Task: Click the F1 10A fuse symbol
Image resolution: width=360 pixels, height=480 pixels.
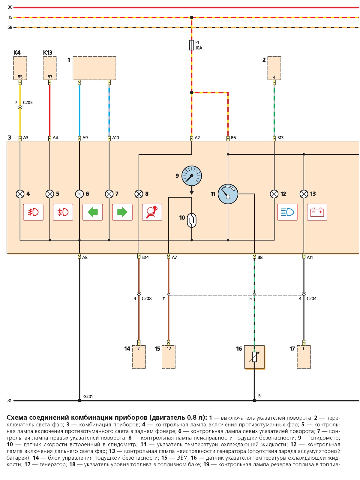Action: click(191, 45)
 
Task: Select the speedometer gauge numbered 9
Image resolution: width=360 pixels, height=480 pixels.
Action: click(191, 175)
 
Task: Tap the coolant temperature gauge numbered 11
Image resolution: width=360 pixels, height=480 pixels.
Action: click(228, 194)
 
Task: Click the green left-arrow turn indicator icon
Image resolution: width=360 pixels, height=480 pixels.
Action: click(92, 212)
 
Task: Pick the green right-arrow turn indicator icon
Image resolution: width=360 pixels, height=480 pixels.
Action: click(122, 212)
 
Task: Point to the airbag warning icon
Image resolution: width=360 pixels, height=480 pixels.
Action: click(152, 212)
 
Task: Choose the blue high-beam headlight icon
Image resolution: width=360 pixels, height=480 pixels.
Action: click(287, 212)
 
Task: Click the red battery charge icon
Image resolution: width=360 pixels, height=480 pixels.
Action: click(317, 212)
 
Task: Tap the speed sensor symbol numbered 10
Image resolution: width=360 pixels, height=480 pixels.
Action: click(191, 220)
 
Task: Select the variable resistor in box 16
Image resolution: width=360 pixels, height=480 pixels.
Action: click(254, 357)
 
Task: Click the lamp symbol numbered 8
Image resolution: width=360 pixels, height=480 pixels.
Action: click(139, 194)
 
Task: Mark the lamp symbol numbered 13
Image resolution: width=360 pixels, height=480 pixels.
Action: click(304, 194)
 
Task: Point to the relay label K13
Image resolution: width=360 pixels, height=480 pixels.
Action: click(48, 53)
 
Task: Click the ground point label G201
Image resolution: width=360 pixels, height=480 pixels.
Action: click(88, 397)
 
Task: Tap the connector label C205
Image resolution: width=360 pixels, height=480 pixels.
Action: click(28, 103)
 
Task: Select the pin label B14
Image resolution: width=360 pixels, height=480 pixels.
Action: click(145, 257)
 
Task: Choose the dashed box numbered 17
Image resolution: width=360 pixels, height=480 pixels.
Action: click(304, 357)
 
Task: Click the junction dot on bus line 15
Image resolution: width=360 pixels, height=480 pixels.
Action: click(191, 17)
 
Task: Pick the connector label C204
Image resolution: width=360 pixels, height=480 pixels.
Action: click(311, 298)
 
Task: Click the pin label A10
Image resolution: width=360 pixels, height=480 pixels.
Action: click(115, 138)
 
